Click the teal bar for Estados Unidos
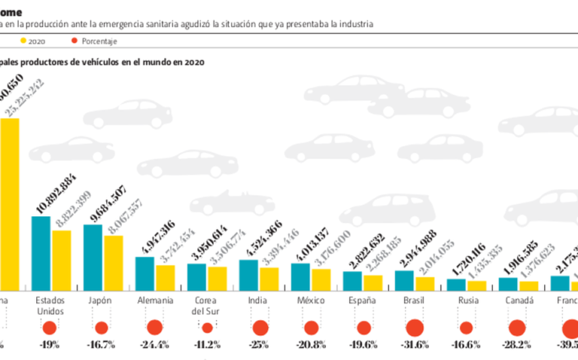point(41,253)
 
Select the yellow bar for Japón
point(114,263)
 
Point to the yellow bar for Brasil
point(425,283)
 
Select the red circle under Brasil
point(414,328)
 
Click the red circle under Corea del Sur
point(207,328)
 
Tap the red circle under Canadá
point(517,328)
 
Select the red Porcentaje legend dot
point(74,41)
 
